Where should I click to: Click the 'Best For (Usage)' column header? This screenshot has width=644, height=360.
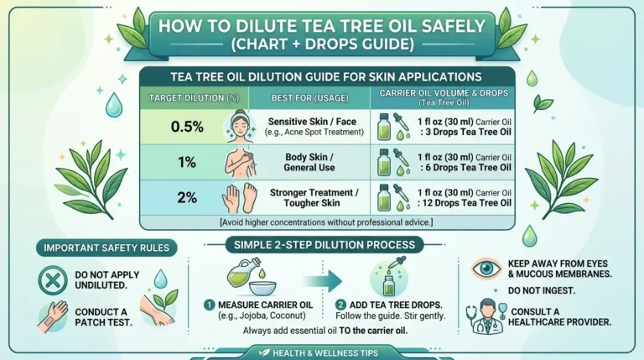[308, 98]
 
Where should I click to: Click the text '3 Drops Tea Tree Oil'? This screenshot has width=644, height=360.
[465, 133]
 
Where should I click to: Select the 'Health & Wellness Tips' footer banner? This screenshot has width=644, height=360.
[321, 353]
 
